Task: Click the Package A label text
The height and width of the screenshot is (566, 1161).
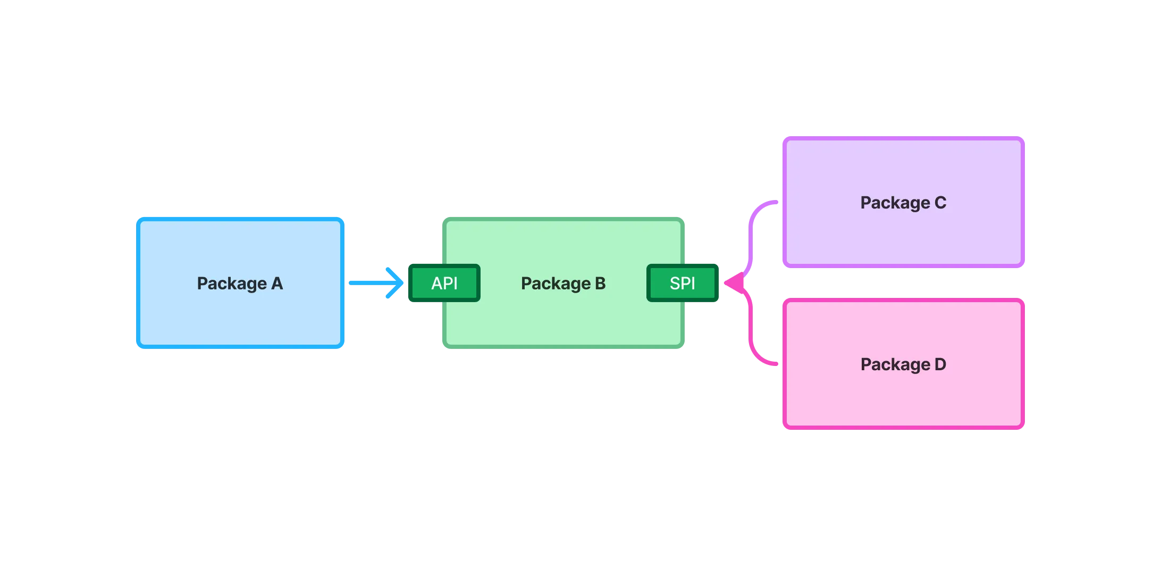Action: point(240,284)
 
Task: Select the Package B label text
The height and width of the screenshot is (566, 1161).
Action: point(563,284)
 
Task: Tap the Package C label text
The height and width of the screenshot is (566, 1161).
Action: point(903,203)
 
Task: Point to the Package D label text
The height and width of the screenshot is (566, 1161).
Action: point(903,364)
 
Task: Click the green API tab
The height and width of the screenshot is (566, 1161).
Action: point(444,283)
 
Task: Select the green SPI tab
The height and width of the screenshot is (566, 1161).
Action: point(683,283)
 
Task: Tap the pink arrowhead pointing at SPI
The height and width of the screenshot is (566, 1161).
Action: point(734,283)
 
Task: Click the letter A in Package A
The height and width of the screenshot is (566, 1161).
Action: point(277,284)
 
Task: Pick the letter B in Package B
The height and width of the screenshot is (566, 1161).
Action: point(600,284)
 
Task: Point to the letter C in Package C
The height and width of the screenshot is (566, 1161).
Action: point(940,203)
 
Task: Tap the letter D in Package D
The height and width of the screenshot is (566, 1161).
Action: point(940,364)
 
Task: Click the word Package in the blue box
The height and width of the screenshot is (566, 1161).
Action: point(232,284)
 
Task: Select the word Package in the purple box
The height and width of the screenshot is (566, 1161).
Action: point(895,203)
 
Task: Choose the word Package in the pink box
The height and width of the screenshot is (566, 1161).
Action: point(895,364)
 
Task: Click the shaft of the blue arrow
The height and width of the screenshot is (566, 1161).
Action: point(367,282)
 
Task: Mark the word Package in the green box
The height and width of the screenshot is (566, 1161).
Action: point(556,284)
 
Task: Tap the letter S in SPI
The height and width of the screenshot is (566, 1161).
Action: point(675,283)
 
